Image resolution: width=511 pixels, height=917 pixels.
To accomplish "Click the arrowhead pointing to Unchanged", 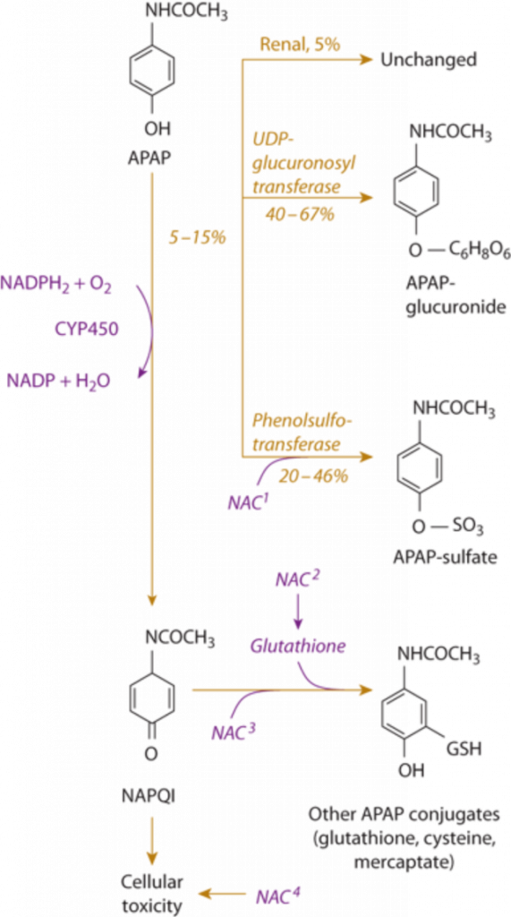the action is [x=367, y=59].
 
